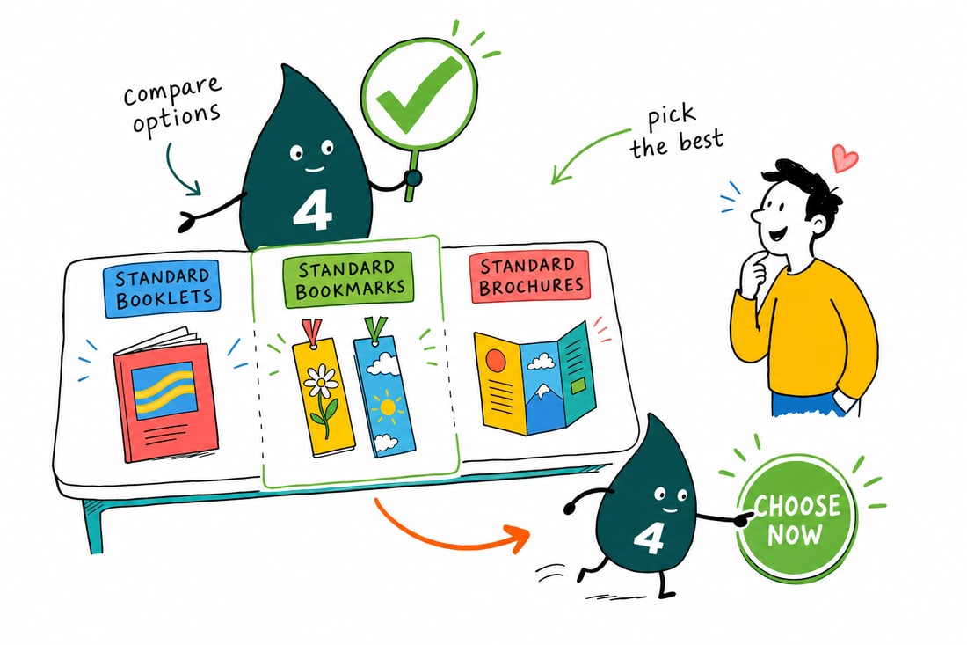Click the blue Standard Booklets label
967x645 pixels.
163,290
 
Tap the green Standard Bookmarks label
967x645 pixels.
349,279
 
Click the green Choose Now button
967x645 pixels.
796,518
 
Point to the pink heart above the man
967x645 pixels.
844,158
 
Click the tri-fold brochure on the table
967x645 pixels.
534,377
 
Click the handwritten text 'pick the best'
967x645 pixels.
676,131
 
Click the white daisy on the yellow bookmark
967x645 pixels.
321,381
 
